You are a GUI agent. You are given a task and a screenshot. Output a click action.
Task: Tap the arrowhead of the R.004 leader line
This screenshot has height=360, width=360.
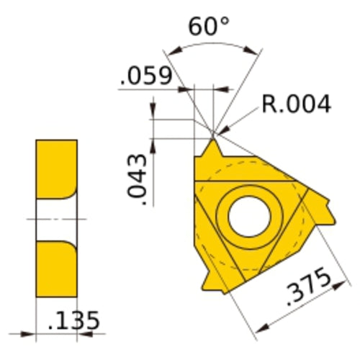tap(219, 131)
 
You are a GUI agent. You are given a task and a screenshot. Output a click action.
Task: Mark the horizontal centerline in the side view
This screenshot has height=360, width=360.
tap(56, 218)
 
